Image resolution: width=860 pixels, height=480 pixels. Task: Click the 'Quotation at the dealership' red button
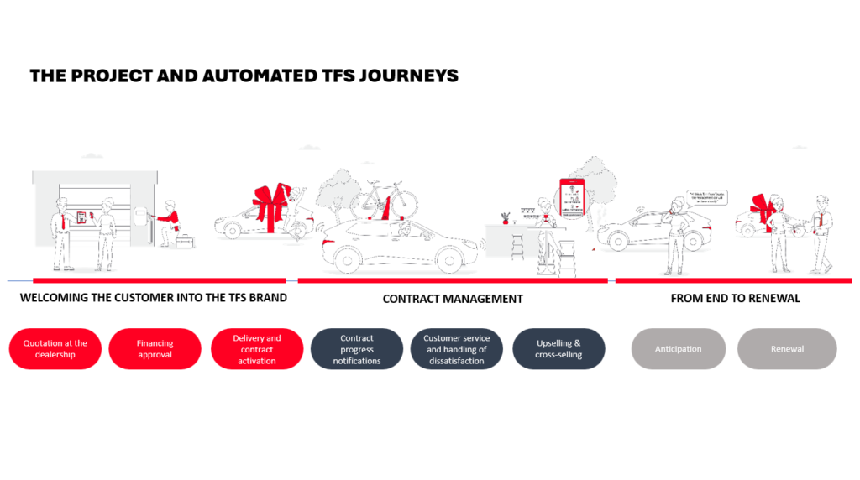click(x=55, y=348)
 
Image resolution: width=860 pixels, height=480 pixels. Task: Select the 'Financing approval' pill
click(x=155, y=348)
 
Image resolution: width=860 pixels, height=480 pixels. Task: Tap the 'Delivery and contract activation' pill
click(x=257, y=348)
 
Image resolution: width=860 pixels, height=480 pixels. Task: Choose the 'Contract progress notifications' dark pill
click(x=357, y=348)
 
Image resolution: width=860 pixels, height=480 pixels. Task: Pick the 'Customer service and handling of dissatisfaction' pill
click(x=457, y=348)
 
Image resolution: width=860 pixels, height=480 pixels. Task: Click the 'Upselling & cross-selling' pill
click(x=558, y=348)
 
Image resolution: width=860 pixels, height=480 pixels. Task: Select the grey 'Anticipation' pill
click(x=678, y=348)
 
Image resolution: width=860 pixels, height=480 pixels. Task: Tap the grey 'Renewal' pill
click(x=787, y=348)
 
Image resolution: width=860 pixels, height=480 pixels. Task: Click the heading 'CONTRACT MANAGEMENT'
click(x=453, y=299)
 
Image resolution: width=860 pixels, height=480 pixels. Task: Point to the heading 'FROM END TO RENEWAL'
click(x=735, y=298)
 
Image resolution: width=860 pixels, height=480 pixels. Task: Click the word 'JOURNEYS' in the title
click(x=409, y=76)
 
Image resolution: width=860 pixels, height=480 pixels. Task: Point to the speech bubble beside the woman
click(x=706, y=198)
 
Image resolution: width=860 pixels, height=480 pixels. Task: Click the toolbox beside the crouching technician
click(x=184, y=241)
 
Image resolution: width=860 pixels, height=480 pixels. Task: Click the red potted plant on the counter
click(x=505, y=217)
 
